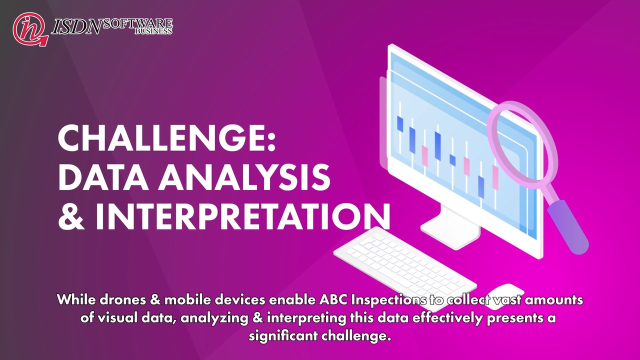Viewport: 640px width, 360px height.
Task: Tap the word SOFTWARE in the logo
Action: [138, 23]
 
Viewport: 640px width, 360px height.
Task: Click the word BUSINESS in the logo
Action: [153, 31]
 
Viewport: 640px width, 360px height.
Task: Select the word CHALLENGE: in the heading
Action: [167, 138]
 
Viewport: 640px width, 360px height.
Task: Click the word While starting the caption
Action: [75, 299]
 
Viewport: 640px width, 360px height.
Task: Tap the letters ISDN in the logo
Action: [77, 27]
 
